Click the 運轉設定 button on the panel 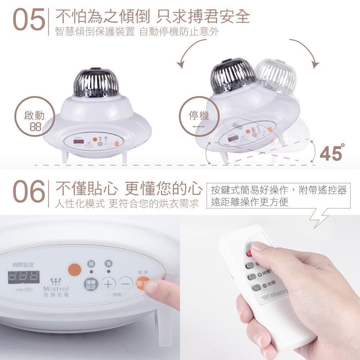click(x=91, y=284)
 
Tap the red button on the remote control click(x=248, y=253)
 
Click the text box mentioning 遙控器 click(x=279, y=196)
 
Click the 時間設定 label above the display click(x=24, y=265)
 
